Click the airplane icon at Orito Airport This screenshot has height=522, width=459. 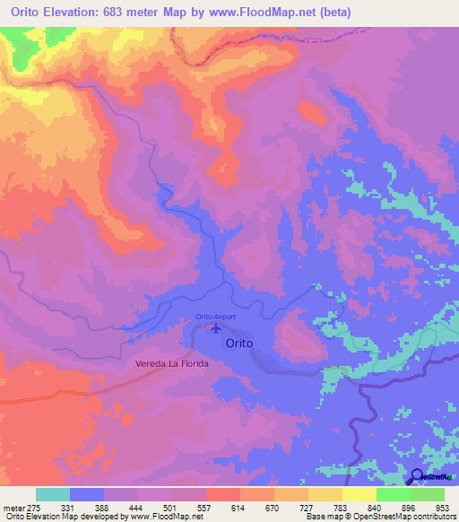click(214, 328)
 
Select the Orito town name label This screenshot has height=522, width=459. click(239, 343)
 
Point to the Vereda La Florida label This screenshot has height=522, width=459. click(171, 364)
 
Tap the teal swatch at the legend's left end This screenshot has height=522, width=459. click(53, 494)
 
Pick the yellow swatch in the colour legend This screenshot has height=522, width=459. click(359, 494)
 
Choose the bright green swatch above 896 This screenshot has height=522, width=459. click(394, 494)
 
